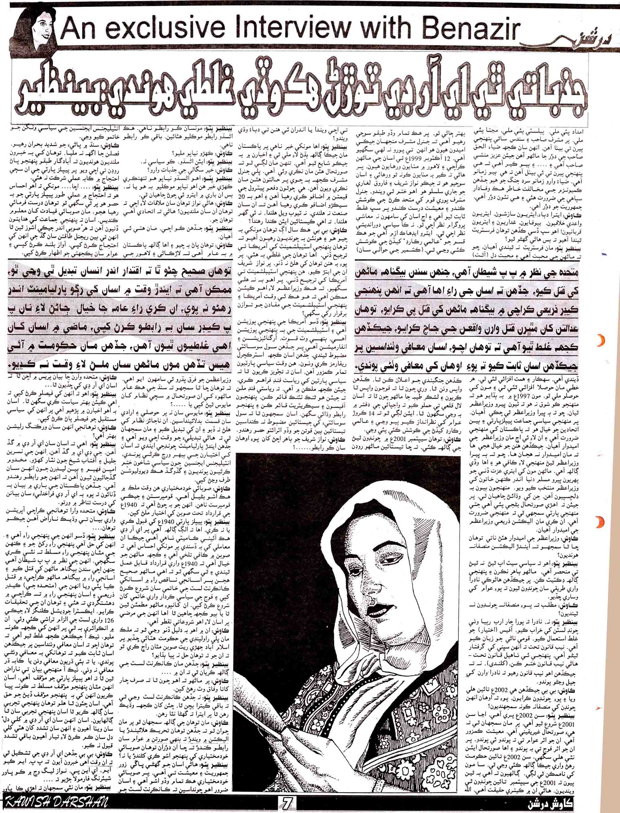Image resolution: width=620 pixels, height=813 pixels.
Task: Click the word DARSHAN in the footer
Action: point(79,806)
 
